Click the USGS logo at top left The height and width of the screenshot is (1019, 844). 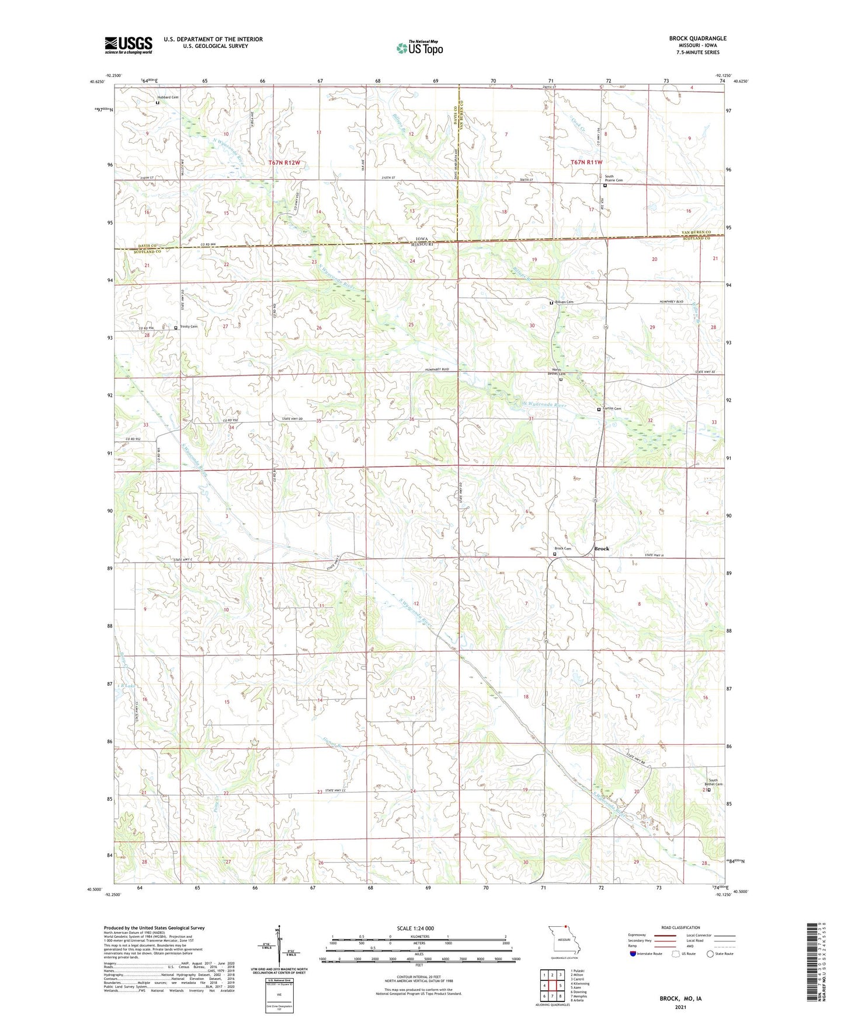coord(128,44)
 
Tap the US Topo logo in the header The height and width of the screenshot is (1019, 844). coord(419,48)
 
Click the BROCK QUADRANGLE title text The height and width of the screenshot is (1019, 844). coord(697,39)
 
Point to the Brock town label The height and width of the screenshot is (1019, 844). coord(601,549)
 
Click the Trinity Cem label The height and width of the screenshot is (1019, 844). coord(188,327)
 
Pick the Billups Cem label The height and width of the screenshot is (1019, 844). coord(564,302)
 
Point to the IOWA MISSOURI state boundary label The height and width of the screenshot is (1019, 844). coord(422,242)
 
